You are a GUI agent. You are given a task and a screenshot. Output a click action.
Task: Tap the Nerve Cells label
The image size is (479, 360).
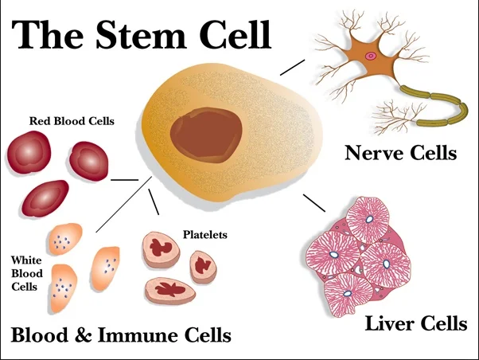point(400,152)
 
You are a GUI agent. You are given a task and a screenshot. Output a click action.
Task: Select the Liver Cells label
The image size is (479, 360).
point(415,323)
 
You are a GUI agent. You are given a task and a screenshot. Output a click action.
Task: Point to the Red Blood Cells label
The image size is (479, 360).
point(72,121)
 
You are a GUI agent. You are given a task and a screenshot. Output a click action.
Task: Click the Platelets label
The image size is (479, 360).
point(205,234)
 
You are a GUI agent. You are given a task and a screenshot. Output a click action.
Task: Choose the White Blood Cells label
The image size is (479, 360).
point(26,272)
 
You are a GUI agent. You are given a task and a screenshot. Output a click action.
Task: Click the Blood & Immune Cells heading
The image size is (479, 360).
point(121,335)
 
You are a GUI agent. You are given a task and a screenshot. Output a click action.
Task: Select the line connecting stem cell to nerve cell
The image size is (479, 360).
point(292,66)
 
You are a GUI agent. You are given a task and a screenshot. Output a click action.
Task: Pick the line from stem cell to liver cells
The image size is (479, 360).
point(315,204)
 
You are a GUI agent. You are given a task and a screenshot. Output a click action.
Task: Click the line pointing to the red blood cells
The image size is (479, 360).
point(123,180)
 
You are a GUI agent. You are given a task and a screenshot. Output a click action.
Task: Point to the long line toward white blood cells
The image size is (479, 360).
point(123,207)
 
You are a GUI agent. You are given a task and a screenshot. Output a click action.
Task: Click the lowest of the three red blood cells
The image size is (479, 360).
point(45,198)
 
